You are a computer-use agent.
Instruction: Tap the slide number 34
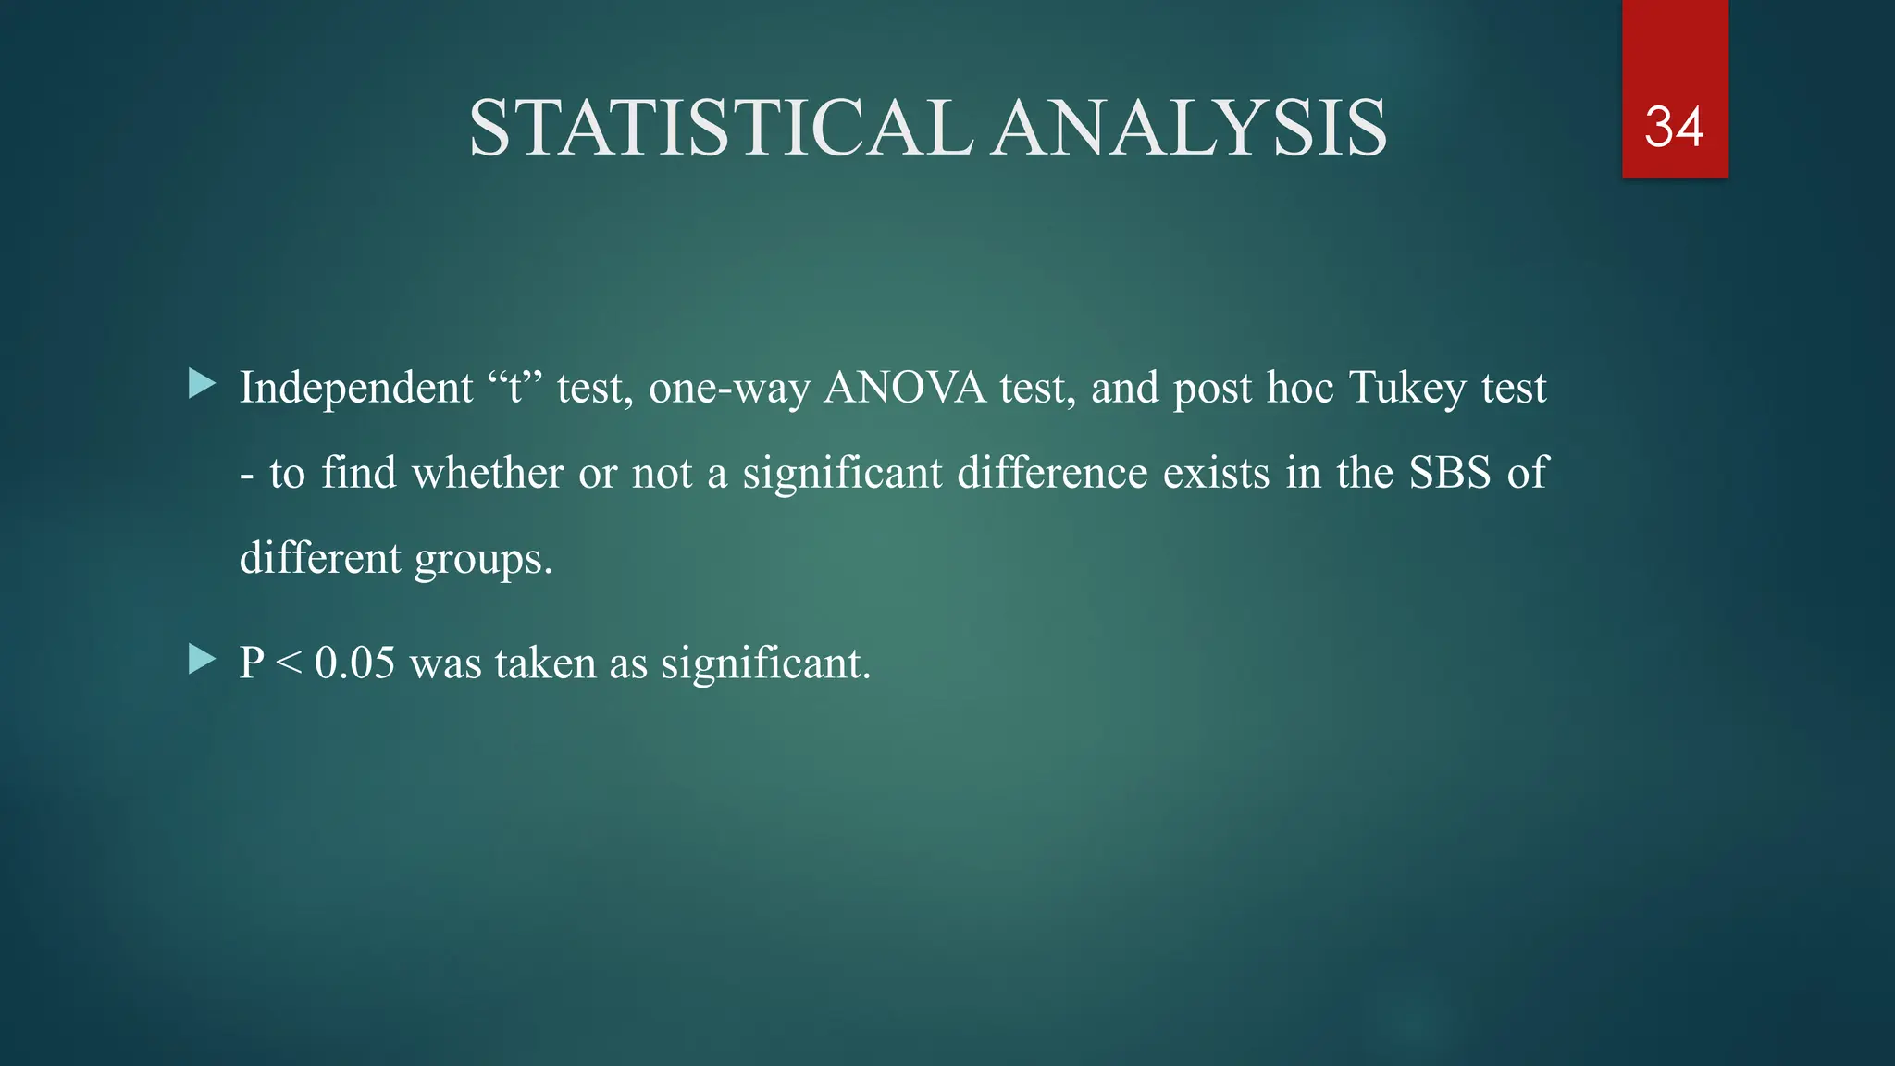click(1674, 127)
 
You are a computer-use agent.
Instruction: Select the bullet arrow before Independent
click(201, 384)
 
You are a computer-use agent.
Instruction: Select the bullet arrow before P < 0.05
click(201, 660)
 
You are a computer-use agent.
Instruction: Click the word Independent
click(356, 388)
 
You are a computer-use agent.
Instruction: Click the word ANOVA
click(905, 388)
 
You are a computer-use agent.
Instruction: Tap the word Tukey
click(1407, 388)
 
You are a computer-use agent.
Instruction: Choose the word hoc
click(1301, 388)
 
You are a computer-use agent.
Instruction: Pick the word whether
click(488, 474)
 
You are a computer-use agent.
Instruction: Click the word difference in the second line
click(1052, 474)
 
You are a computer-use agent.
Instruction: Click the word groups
click(482, 560)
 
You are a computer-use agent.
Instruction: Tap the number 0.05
click(354, 663)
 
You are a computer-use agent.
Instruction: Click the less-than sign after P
click(289, 663)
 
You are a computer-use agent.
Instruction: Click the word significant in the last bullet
click(764, 663)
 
